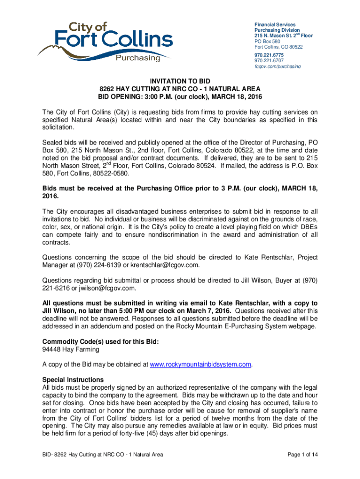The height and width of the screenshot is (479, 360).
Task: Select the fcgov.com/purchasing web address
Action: [x=277, y=66]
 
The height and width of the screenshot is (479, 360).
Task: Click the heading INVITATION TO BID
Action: [x=180, y=80]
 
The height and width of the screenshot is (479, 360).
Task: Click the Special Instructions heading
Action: [x=72, y=379]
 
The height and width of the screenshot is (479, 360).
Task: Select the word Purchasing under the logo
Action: [x=137, y=58]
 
